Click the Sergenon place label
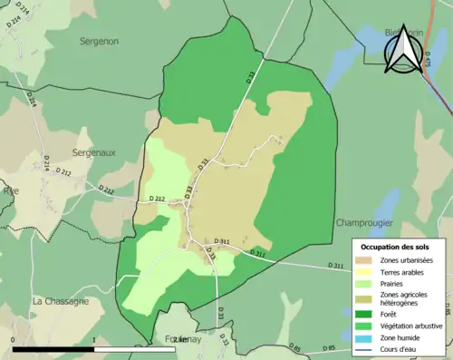(x=100, y=42)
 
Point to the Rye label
(x=10, y=191)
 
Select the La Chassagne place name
(x=60, y=300)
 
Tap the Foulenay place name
(x=178, y=339)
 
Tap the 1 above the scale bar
(x=96, y=337)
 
